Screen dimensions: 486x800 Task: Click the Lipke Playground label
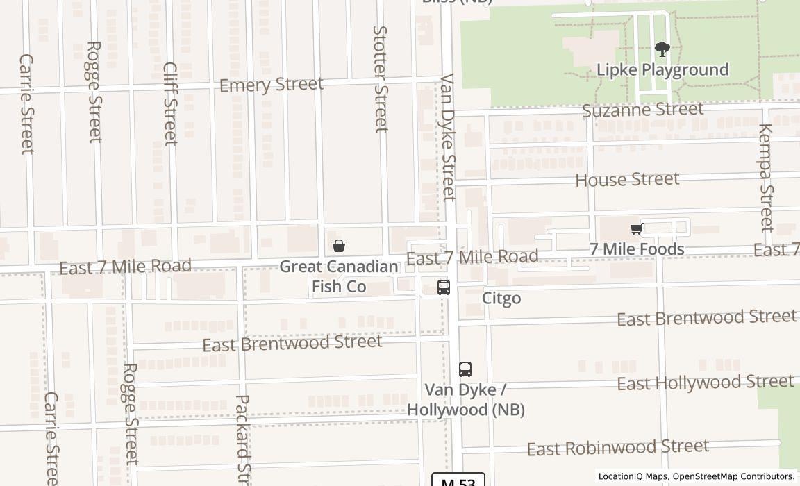[662, 70]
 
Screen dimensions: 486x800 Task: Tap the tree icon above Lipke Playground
[662, 49]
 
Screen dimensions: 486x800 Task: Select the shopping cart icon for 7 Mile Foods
[636, 228]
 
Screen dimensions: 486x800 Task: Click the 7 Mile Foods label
[637, 249]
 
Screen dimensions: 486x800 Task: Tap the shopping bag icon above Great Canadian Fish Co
[339, 246]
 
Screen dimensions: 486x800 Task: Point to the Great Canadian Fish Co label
[339, 276]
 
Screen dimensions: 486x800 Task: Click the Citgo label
[501, 299]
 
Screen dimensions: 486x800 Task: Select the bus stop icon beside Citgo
[444, 287]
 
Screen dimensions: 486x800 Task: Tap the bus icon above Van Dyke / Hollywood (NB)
[465, 369]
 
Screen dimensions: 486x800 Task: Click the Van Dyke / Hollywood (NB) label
[465, 400]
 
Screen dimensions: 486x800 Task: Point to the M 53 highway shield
[458, 480]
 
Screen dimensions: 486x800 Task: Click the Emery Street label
[272, 85]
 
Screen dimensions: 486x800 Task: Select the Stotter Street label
[381, 78]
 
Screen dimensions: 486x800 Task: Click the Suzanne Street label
[642, 110]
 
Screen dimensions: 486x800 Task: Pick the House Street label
[627, 180]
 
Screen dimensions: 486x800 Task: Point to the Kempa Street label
[765, 177]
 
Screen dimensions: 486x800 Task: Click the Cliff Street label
[171, 103]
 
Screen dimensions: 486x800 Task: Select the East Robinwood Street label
[618, 448]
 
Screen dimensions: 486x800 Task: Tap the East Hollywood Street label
[705, 383]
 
